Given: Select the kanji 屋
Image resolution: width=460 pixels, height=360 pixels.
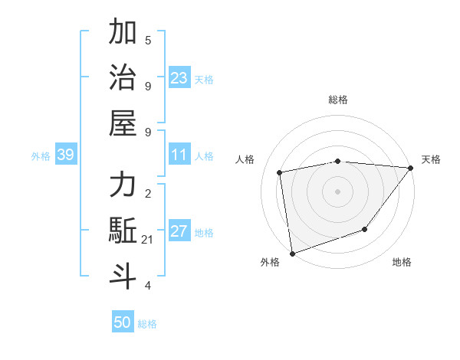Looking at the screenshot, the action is [123, 123].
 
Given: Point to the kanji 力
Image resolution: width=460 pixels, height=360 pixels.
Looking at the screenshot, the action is [123, 185].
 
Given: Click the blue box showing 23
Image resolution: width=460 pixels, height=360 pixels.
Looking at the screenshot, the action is [179, 78].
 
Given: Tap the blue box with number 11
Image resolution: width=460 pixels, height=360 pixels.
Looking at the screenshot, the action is [179, 155].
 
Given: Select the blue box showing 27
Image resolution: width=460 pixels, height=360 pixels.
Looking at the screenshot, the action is [179, 232].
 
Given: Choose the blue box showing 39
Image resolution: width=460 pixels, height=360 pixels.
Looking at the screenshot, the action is [65, 155].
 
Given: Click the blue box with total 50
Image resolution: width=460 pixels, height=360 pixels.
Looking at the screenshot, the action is [123, 322].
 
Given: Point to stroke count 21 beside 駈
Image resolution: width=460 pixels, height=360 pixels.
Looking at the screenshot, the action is [148, 240].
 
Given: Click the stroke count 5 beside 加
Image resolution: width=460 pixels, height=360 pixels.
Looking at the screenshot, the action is [148, 39].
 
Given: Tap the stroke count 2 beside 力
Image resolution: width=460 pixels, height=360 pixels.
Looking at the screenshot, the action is [148, 194].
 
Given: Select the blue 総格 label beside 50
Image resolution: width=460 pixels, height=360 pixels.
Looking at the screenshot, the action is [147, 324].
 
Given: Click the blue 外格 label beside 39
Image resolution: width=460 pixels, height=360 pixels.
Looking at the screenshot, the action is [41, 156].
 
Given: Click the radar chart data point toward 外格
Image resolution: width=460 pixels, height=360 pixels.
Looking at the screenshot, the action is [292, 254].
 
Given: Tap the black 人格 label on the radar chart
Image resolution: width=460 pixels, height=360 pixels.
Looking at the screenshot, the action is [245, 159].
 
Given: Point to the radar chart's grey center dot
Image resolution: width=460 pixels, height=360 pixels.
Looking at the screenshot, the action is [337, 191].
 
